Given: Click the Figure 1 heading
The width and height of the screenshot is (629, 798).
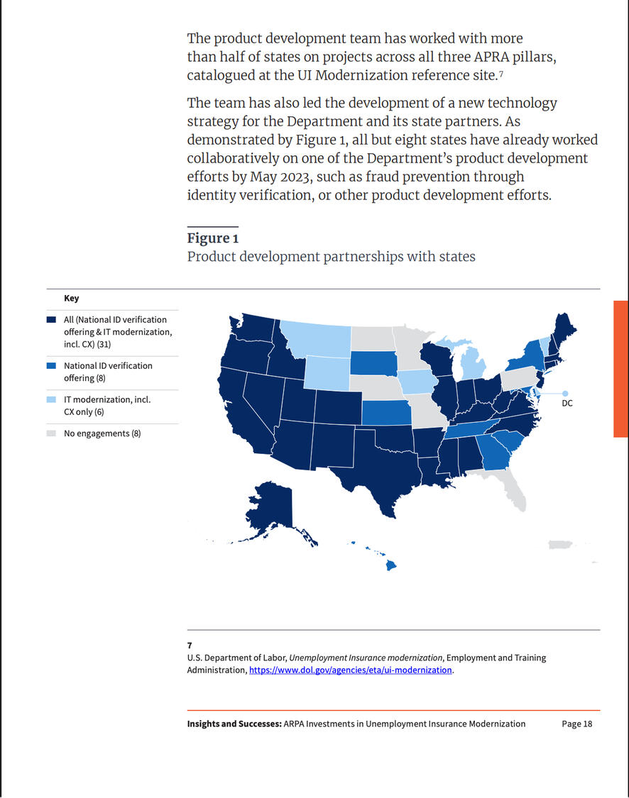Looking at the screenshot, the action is coord(212,238).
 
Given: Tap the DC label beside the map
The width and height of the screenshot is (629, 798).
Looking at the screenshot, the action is coord(567,403).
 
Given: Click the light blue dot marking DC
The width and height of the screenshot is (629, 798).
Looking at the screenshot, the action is coord(565,394).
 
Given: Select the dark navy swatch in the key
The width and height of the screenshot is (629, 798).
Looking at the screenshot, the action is coord(51,320).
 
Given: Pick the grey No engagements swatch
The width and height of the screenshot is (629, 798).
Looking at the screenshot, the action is coord(51,433).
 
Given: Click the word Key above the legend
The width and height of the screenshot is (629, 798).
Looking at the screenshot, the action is coord(71,298).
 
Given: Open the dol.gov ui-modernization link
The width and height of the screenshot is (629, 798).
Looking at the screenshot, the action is coord(351,670).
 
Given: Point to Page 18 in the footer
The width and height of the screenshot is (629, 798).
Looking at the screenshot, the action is coord(577,724).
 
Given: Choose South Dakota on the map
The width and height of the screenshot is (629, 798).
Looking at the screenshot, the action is coord(373,362).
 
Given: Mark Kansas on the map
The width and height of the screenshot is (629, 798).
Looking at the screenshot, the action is coord(386,412).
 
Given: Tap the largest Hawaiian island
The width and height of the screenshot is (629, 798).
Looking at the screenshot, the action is coord(390,565).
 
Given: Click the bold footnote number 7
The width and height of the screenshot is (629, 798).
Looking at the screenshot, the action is coord(190,645).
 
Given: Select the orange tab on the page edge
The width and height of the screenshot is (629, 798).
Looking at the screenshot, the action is coord(621,369).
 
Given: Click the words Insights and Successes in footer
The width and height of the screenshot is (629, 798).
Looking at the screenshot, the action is coord(234,724).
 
